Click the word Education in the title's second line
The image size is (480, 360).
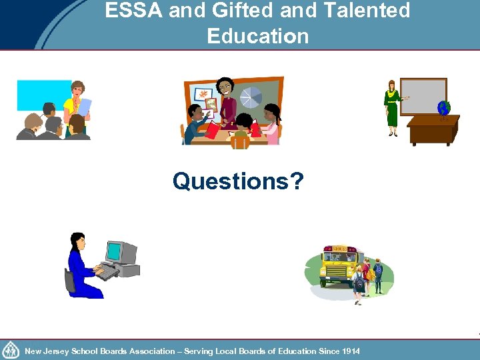click(x=258, y=35)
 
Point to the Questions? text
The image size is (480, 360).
click(x=237, y=181)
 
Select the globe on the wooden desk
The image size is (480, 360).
click(x=443, y=108)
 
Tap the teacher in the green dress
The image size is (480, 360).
click(x=392, y=107)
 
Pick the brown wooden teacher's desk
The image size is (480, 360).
click(x=433, y=130)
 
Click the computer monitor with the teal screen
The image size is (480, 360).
click(x=120, y=253)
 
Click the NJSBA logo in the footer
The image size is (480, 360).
click(x=11, y=350)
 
